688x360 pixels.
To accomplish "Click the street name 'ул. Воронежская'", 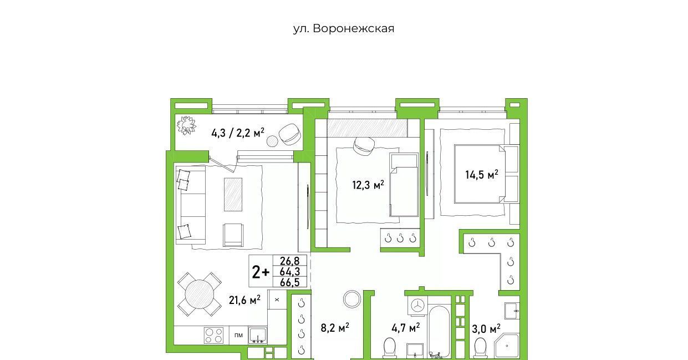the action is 344,29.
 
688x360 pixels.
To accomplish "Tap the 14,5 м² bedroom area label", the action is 482,174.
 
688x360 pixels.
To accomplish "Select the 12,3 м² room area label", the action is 368,185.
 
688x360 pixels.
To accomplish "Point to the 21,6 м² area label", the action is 245,300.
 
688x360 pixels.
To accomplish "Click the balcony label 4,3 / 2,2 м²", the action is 238,133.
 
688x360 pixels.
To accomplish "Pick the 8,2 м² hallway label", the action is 335,327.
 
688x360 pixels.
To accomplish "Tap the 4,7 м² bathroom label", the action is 406,328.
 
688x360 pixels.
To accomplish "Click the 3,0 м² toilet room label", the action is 486,328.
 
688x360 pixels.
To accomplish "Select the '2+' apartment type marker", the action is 261,272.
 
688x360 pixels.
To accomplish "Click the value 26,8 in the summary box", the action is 289,261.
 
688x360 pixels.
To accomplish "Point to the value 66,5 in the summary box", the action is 289,282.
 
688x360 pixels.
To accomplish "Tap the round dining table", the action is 200,294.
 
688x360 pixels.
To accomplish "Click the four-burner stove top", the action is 214,336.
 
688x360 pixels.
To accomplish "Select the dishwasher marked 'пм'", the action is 238,335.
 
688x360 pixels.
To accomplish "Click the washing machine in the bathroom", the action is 417,306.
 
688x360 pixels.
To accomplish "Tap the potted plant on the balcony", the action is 186,125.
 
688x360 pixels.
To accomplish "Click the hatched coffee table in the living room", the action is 233,194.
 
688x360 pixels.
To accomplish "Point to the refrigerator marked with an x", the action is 277,300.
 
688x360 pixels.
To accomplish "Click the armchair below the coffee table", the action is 233,235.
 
